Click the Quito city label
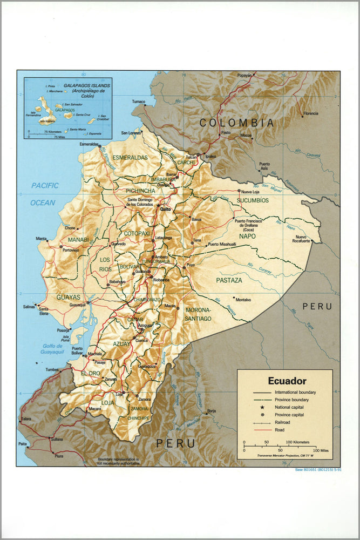(166, 209)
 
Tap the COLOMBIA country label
(237, 123)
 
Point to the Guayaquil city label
(78, 305)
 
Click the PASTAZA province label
(229, 281)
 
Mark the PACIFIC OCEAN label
(44, 194)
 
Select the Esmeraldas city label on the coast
(89, 144)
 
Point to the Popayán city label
(244, 76)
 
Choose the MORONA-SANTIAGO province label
(198, 315)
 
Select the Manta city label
(42, 238)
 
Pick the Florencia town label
(310, 113)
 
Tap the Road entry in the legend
(280, 430)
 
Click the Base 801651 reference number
(317, 470)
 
